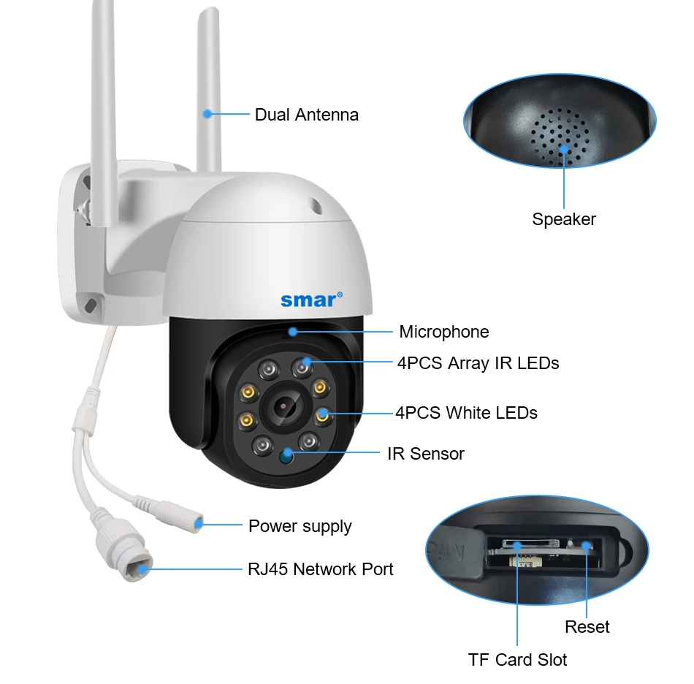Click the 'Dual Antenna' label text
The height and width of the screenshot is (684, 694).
coord(306,115)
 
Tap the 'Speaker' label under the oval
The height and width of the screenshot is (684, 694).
coord(564,219)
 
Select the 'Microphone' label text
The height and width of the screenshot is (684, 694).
coord(443,332)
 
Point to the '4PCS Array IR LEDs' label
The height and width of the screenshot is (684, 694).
coord(478,363)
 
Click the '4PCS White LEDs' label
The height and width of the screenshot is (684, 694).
coord(466,413)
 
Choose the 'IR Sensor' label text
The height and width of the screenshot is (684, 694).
coord(425,454)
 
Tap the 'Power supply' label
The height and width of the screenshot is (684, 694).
coord(300,526)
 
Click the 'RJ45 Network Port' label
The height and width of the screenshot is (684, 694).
coord(320,569)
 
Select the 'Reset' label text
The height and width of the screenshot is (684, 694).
coord(587,627)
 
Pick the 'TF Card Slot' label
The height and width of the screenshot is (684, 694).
coord(517,660)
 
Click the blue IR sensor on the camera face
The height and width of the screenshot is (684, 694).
coord(286,457)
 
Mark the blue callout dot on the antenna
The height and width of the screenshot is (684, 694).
coord(207,114)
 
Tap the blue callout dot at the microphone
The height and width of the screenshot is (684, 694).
coord(292,332)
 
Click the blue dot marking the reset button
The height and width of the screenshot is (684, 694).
coord(587,545)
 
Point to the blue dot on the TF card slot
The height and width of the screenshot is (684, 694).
coord(517,545)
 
